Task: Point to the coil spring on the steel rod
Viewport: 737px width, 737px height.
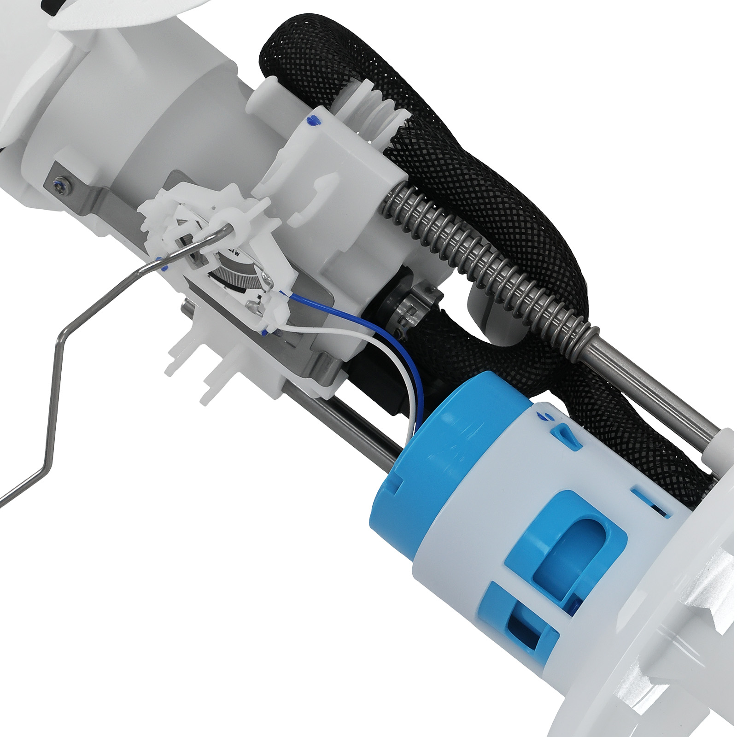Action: (484, 263)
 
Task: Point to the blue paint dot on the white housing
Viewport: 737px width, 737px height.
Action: (313, 121)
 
